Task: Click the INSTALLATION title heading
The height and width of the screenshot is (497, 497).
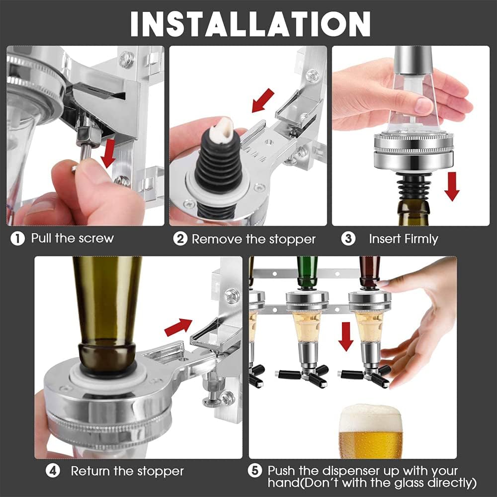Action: point(250,23)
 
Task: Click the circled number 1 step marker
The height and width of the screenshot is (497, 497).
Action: point(17,239)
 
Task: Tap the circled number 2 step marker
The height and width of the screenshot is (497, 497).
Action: point(180,239)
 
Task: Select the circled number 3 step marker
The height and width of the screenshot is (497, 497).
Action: point(348,239)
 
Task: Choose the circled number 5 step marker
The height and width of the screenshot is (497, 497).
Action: point(254,471)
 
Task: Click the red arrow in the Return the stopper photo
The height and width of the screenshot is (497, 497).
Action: point(178,326)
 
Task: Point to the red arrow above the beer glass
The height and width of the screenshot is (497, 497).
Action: point(346,336)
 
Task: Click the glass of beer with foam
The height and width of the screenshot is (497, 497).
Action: point(370,432)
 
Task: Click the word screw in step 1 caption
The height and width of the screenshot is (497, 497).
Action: point(96,239)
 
